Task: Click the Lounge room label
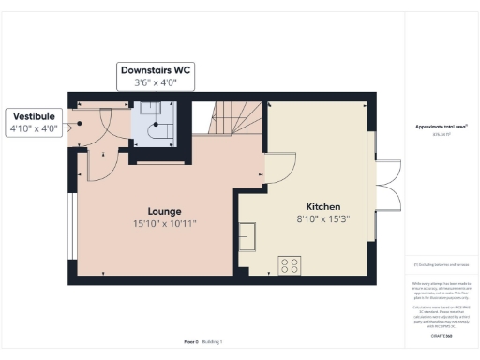163,211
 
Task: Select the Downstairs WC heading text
156,70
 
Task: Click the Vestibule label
33,115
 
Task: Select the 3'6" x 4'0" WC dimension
156,83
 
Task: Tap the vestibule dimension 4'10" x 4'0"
33,127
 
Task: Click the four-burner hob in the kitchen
290,265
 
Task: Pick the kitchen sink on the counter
249,236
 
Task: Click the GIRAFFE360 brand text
441,335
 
